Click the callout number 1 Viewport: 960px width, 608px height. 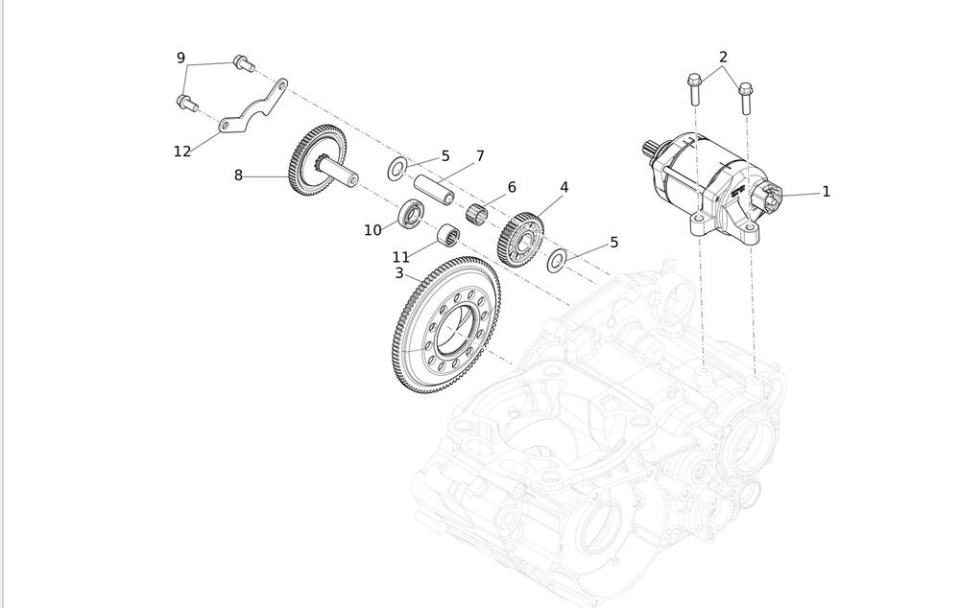point(826,192)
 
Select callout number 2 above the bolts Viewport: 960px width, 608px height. point(723,58)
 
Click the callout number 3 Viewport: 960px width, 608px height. point(399,273)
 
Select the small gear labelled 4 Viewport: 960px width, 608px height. point(520,239)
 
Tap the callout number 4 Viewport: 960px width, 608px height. point(564,187)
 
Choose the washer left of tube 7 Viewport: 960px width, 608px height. point(396,171)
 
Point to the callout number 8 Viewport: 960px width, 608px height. point(238,175)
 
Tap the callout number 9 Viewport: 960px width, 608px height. point(180,58)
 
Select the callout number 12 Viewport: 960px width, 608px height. point(182,151)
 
